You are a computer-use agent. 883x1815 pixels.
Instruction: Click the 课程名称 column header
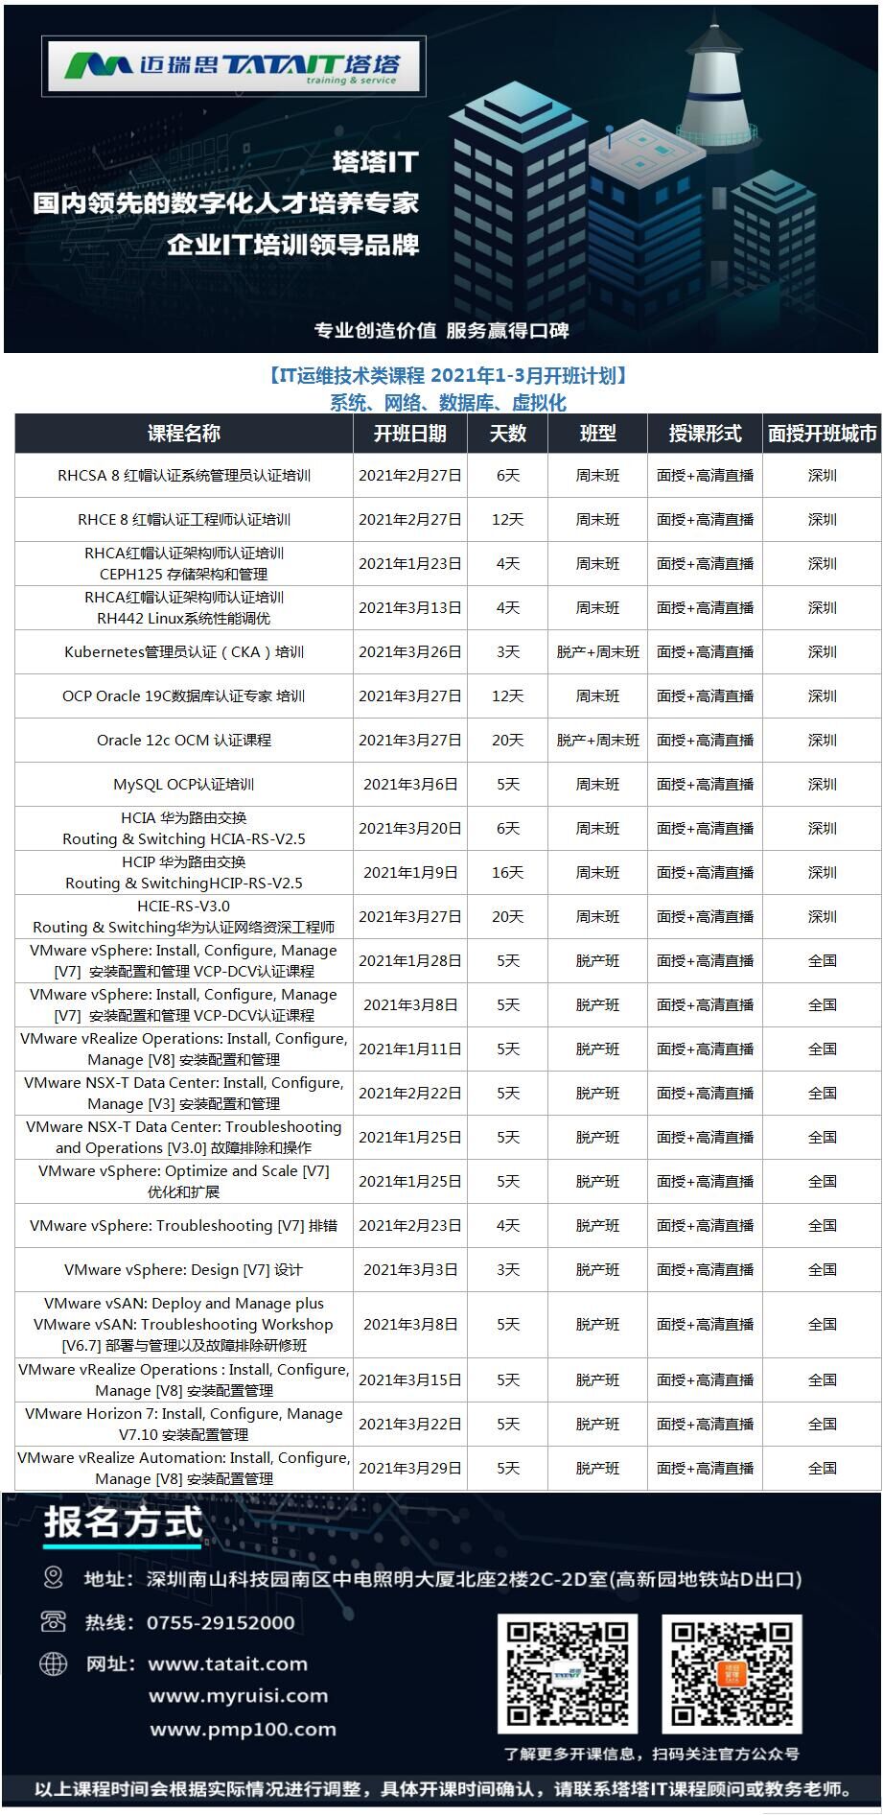click(x=183, y=434)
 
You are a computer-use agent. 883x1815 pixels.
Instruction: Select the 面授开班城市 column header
click(x=822, y=434)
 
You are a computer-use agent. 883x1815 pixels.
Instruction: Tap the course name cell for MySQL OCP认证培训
click(x=183, y=785)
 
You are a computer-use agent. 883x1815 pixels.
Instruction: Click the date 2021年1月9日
click(x=410, y=873)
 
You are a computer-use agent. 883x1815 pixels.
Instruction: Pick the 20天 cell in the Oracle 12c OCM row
click(x=507, y=741)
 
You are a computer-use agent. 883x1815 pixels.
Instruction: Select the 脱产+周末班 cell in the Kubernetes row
click(x=597, y=652)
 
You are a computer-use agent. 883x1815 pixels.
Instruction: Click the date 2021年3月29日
click(x=410, y=1469)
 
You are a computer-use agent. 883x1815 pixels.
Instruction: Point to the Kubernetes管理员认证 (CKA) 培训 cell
click(x=183, y=652)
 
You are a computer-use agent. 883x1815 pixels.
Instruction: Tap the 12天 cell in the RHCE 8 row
click(x=507, y=520)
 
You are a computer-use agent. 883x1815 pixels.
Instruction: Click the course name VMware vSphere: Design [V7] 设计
click(x=183, y=1270)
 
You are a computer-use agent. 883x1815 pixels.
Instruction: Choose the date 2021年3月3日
click(x=410, y=1270)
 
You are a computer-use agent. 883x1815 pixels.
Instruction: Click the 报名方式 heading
click(x=123, y=1524)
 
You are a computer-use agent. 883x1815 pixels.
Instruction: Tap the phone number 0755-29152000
click(x=221, y=1623)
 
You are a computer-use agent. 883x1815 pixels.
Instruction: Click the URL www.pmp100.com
click(x=243, y=1730)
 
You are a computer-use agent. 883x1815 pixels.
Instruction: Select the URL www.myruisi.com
click(x=238, y=1696)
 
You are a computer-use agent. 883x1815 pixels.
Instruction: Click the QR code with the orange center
click(x=731, y=1674)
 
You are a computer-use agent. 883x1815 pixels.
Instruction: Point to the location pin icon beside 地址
click(x=54, y=1578)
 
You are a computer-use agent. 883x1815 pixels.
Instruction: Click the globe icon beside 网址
click(x=54, y=1663)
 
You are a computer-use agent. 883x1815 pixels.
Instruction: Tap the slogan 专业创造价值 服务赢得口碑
click(x=441, y=331)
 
